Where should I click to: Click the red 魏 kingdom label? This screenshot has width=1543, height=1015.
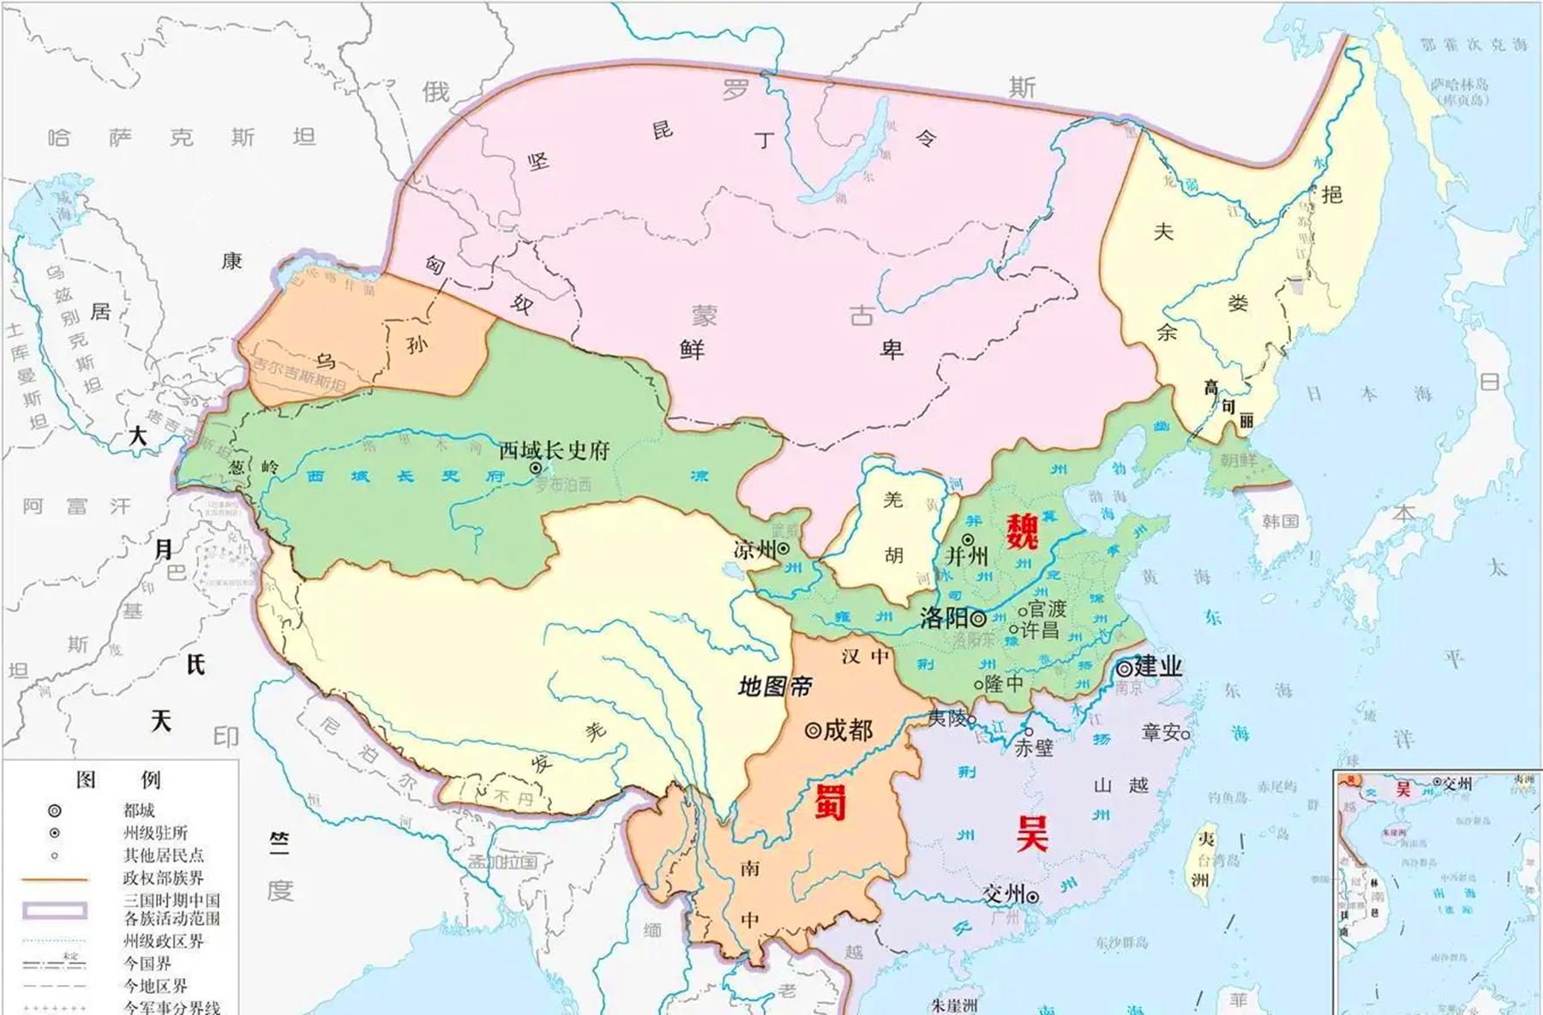pos(1022,531)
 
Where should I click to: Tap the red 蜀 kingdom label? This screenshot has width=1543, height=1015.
pos(830,803)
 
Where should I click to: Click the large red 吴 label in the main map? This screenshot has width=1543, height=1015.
pos(1032,832)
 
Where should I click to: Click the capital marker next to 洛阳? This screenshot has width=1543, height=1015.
pos(978,618)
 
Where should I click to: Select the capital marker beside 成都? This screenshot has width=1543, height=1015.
pos(812,730)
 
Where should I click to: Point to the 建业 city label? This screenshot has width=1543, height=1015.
pos(1158,666)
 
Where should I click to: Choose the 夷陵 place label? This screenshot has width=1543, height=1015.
pos(947,717)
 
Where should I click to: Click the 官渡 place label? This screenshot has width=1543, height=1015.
pos(1048,610)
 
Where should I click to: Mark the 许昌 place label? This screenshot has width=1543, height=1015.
pos(1040,630)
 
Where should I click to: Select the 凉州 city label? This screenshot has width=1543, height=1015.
pos(754,550)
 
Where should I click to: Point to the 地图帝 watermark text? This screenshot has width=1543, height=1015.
pos(775,686)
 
